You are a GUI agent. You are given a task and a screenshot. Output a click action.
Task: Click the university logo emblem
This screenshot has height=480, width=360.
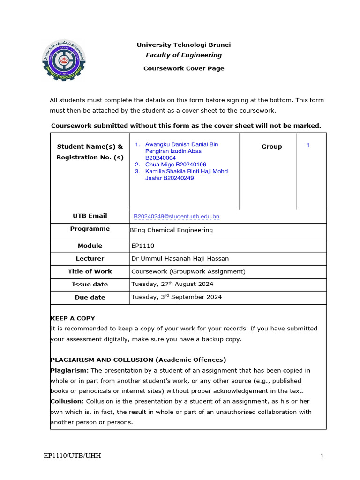pos(64,61)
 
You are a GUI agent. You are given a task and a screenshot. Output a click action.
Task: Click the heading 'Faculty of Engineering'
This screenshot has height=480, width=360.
pos(183,55)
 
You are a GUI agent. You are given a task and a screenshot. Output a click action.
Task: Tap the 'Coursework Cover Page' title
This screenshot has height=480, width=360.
pos(183,68)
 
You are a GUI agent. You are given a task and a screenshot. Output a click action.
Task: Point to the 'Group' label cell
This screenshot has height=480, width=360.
pos(271,147)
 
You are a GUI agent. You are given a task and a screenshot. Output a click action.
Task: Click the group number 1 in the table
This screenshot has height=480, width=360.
pos(308,145)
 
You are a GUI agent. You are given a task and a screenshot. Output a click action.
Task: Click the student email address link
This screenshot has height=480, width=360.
pos(177,216)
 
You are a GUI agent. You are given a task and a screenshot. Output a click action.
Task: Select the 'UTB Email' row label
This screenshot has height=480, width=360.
pos(90,216)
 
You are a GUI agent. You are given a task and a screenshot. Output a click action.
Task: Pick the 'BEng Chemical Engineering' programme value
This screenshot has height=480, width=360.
pos(172,230)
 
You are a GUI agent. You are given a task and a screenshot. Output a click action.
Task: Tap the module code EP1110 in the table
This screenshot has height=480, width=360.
pos(143,246)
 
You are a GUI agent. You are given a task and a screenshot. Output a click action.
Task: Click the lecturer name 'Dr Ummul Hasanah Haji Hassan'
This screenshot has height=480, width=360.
pos(180,259)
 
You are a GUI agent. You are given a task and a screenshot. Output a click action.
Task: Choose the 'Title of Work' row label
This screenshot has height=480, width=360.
pos(90,271)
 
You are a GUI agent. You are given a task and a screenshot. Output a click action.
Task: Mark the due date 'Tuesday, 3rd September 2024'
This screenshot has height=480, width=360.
pos(177,297)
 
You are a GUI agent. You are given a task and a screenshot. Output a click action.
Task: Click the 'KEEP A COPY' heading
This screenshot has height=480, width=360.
pos(69,318)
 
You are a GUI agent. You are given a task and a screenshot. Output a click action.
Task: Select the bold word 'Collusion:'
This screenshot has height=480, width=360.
pos(67,401)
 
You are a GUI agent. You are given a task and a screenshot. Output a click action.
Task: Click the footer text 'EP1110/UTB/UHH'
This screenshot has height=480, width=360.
pos(72,456)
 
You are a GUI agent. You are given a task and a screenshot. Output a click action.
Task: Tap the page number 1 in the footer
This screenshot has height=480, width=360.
pos(322,456)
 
